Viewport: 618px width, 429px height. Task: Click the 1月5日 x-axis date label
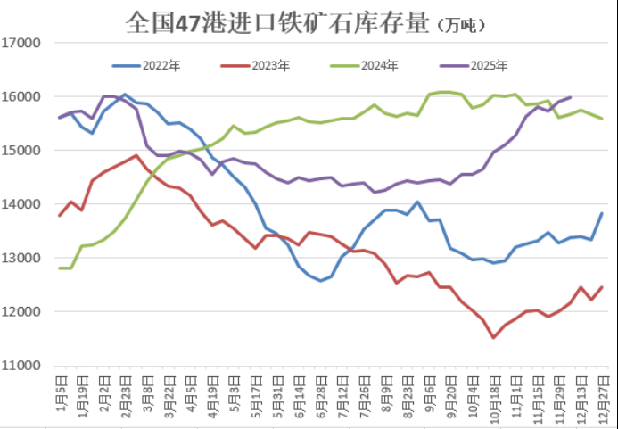coord(61,392)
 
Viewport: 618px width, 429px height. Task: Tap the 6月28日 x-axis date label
coord(321,392)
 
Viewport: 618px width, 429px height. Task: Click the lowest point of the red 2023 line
coord(493,337)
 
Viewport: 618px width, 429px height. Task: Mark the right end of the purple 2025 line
coord(571,97)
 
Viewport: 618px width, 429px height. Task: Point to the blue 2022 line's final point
coord(602,213)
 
